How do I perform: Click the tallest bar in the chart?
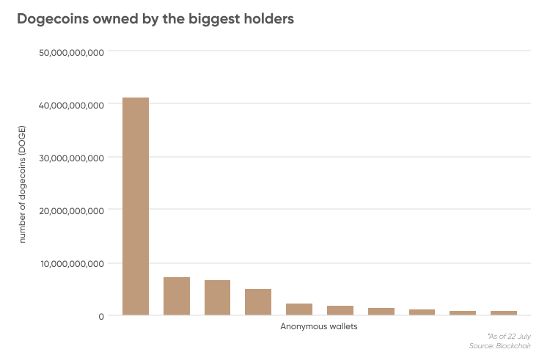(136, 207)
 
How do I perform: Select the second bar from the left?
(177, 296)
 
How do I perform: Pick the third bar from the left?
(217, 298)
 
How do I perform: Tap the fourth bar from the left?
(258, 302)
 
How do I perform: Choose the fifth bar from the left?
(299, 309)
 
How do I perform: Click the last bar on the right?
(504, 313)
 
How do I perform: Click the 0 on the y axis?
(102, 316)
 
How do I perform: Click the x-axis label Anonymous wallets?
(319, 326)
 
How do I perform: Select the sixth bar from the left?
(340, 311)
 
